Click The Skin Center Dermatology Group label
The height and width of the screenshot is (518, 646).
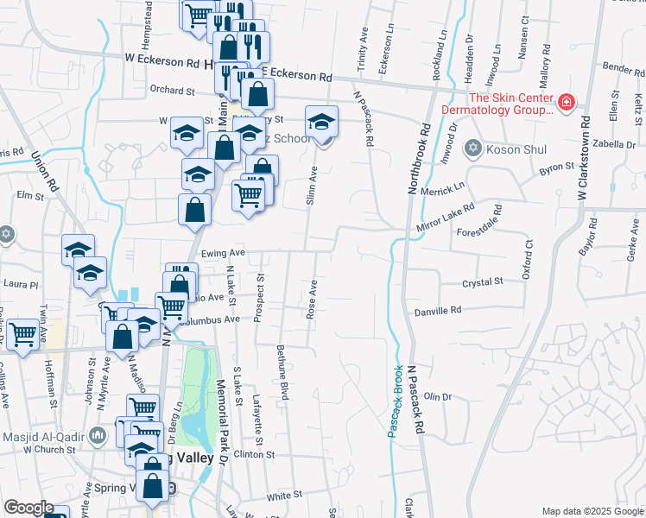point(497,104)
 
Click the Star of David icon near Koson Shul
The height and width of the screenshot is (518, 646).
point(472,149)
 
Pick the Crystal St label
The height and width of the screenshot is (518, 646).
point(482,282)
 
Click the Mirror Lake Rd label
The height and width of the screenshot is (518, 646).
point(446,216)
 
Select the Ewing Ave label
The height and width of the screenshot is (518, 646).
point(223,253)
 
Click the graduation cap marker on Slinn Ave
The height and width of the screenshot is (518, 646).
point(321,122)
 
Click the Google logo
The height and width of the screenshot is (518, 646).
point(28,508)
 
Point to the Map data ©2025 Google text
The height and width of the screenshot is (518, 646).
point(591,511)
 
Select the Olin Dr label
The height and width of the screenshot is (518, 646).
point(438,396)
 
